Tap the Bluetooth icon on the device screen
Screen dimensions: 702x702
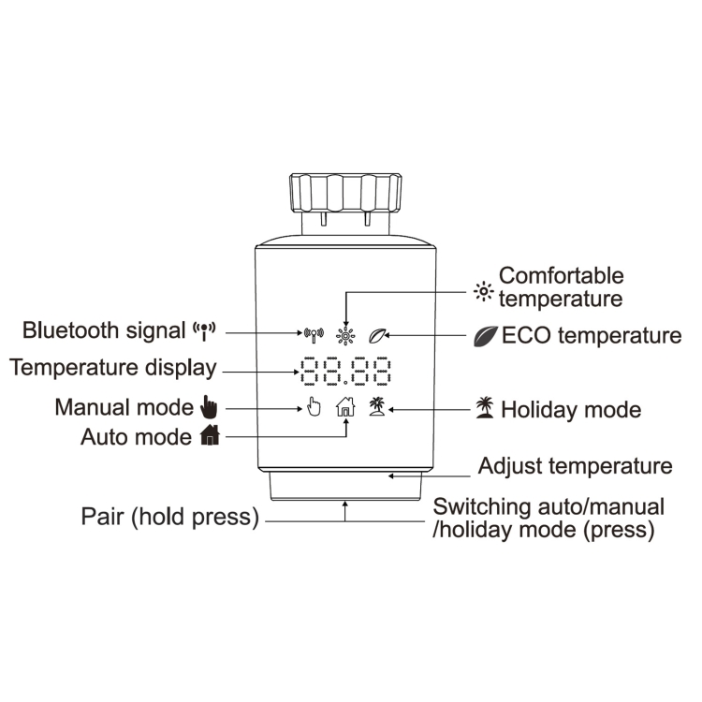click(x=314, y=332)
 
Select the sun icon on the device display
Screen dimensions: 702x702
click(x=346, y=334)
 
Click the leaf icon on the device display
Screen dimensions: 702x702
click(x=379, y=333)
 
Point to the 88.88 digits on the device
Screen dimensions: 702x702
click(x=345, y=372)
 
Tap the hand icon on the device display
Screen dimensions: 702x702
click(x=314, y=407)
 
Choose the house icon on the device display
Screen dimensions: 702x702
click(x=345, y=407)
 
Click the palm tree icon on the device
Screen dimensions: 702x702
click(x=377, y=406)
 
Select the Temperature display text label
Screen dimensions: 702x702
click(x=113, y=368)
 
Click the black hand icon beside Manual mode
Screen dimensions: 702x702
click(x=209, y=407)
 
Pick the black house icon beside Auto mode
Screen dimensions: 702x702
click(x=209, y=436)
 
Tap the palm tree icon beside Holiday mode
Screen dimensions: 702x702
click(x=484, y=409)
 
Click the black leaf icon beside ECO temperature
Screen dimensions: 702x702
click(x=486, y=335)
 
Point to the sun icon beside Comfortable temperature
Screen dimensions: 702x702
click(x=483, y=291)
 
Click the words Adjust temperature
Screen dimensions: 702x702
click(x=575, y=466)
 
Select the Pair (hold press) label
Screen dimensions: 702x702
click(x=169, y=517)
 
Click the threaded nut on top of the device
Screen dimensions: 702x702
click(x=345, y=195)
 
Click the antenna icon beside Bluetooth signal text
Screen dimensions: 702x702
click(x=204, y=329)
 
